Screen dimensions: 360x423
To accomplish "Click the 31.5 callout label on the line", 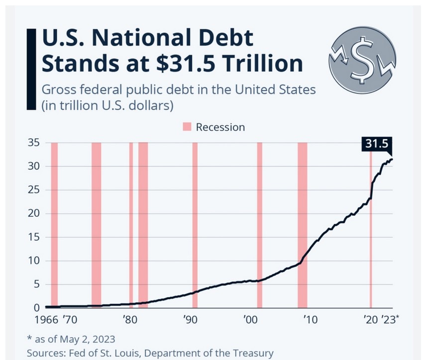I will (x=376, y=144).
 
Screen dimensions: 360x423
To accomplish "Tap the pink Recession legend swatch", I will (x=187, y=127).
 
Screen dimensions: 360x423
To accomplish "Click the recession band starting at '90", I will (x=195, y=224).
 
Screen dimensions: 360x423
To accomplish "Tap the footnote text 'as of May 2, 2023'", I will (x=74, y=339).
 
